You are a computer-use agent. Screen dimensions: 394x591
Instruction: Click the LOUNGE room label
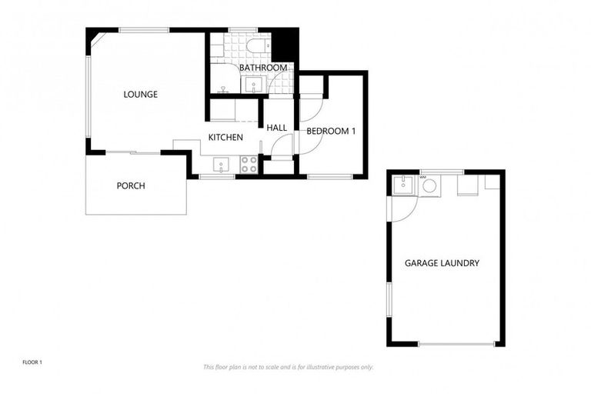point(141,95)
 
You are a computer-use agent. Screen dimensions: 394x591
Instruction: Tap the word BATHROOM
point(263,68)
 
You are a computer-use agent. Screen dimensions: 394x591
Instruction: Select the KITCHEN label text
point(226,138)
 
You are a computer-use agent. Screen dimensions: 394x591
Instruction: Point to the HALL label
point(277,128)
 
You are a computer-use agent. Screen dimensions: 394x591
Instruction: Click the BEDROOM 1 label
point(331,131)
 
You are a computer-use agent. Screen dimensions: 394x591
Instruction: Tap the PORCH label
point(131,185)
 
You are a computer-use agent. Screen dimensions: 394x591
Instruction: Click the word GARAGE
point(424,263)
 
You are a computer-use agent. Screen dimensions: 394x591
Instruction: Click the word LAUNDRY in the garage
point(462,263)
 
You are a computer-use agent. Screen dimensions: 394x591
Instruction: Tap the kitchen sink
point(221,164)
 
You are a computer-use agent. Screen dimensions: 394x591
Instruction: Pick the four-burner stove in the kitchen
point(249,164)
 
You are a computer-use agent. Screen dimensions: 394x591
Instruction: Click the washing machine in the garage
point(429,186)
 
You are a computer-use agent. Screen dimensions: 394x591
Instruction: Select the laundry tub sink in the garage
point(402,185)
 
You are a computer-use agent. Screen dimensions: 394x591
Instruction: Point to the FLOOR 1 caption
point(32,361)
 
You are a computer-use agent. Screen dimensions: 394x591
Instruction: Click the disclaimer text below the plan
point(289,367)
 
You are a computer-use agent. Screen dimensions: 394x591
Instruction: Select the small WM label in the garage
point(422,177)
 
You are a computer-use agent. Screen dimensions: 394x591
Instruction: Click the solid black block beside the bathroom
point(285,43)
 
